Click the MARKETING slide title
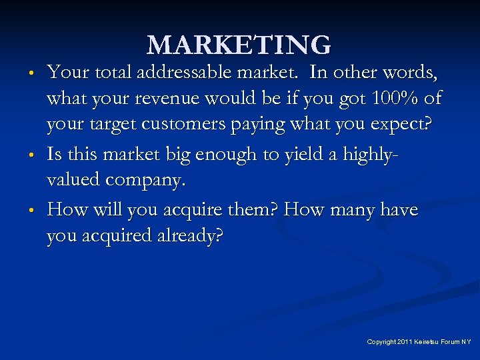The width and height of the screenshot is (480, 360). [x=239, y=45]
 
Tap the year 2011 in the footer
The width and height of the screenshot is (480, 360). [x=405, y=342]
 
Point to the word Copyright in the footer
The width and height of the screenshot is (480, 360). [x=382, y=342]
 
